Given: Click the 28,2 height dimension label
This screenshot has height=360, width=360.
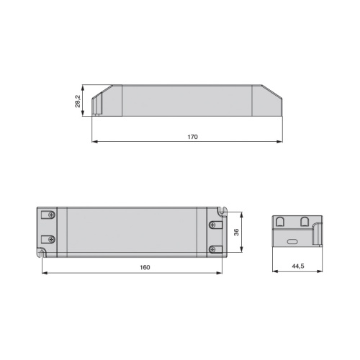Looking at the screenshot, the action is [x=78, y=101].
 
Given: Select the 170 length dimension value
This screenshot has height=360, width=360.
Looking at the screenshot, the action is [x=192, y=137].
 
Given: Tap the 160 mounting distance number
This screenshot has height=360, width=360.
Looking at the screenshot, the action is [x=145, y=267].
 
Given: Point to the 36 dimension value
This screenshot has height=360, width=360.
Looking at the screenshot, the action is [x=236, y=232].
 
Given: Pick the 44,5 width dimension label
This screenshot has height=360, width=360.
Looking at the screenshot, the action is [x=298, y=266].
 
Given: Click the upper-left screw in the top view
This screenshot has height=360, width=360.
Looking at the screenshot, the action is [x=52, y=215].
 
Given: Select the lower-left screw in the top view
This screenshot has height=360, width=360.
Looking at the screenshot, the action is [x=52, y=239].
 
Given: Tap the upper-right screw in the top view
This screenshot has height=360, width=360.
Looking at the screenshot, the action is [x=212, y=225].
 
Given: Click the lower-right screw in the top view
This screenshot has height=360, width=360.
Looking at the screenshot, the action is [x=212, y=250].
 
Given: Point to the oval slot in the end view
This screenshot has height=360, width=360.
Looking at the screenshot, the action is [x=292, y=241].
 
